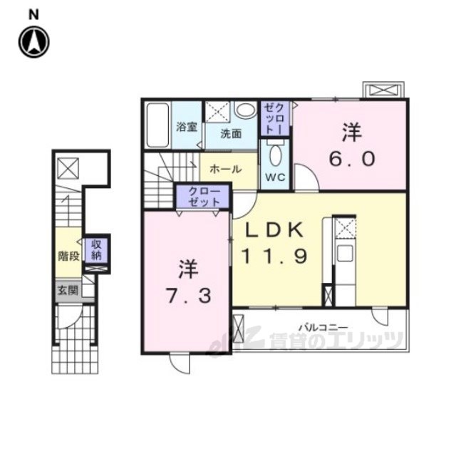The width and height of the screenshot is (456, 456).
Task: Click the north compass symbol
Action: pos(34,42)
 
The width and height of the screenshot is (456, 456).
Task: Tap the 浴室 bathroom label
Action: pos(187,127)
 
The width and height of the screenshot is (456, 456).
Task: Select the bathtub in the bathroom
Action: pos(157,125)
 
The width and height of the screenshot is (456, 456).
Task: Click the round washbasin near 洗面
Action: pos(245,110)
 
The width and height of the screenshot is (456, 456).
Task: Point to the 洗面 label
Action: pos(231,133)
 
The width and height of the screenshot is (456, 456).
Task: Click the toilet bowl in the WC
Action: pos(275,154)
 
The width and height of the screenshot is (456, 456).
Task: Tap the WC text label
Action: pos(275,177)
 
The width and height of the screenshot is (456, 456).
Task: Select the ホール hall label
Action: pos(226,169)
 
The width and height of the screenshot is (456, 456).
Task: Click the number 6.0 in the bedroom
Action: pos(352,159)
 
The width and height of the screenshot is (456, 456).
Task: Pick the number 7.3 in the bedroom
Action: pos(188,296)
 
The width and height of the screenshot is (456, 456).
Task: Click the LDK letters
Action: pos(275,230)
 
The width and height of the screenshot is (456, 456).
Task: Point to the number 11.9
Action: pos(274,256)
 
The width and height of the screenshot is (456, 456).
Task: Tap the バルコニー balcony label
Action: pos(323,328)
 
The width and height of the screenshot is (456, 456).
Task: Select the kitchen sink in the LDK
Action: pos(345,253)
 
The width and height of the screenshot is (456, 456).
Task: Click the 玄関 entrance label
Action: pos(68,290)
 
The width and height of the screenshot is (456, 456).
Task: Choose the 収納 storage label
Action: pos(96,250)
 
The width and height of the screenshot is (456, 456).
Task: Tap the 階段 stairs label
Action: pos(69,256)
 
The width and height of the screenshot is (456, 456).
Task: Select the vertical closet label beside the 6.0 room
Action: pos(275,119)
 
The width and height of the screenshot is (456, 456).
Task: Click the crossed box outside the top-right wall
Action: pos(383,90)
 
